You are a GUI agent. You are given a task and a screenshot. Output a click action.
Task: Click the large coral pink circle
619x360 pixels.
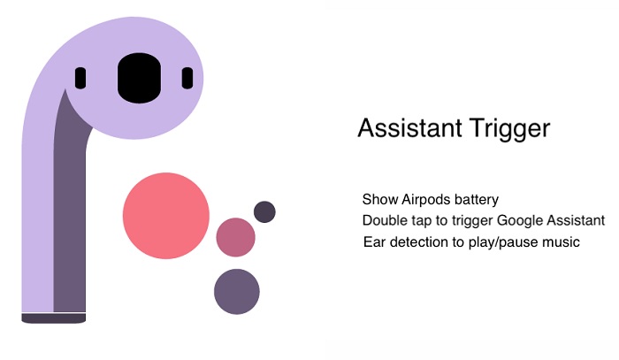pos(166,216)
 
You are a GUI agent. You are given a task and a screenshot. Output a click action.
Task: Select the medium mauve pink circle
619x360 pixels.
pos(235,237)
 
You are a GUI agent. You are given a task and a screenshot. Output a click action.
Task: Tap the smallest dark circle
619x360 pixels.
pos(264,212)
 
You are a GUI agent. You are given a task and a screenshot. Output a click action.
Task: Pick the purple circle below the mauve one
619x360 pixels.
pos(236,291)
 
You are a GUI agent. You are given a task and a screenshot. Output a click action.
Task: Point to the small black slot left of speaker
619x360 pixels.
pos(80,78)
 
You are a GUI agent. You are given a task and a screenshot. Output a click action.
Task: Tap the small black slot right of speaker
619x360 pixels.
pos(187,78)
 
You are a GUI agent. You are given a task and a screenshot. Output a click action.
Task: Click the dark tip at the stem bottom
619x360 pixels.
pos(53,318)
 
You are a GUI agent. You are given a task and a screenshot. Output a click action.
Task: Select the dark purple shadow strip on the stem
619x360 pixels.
pos(69,221)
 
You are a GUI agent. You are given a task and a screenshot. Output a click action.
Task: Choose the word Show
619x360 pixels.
pos(378,199)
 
